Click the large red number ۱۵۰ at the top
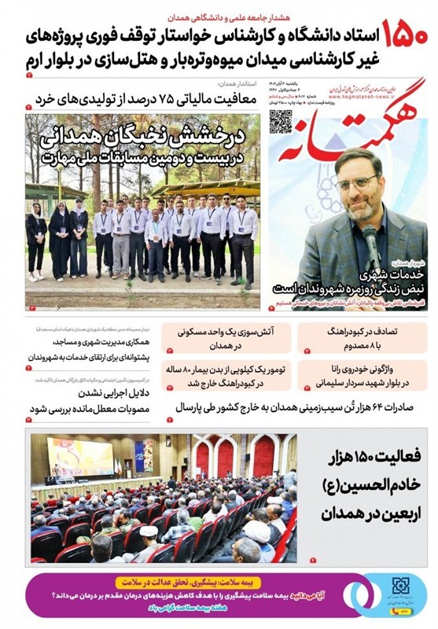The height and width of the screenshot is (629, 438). (406, 35)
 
